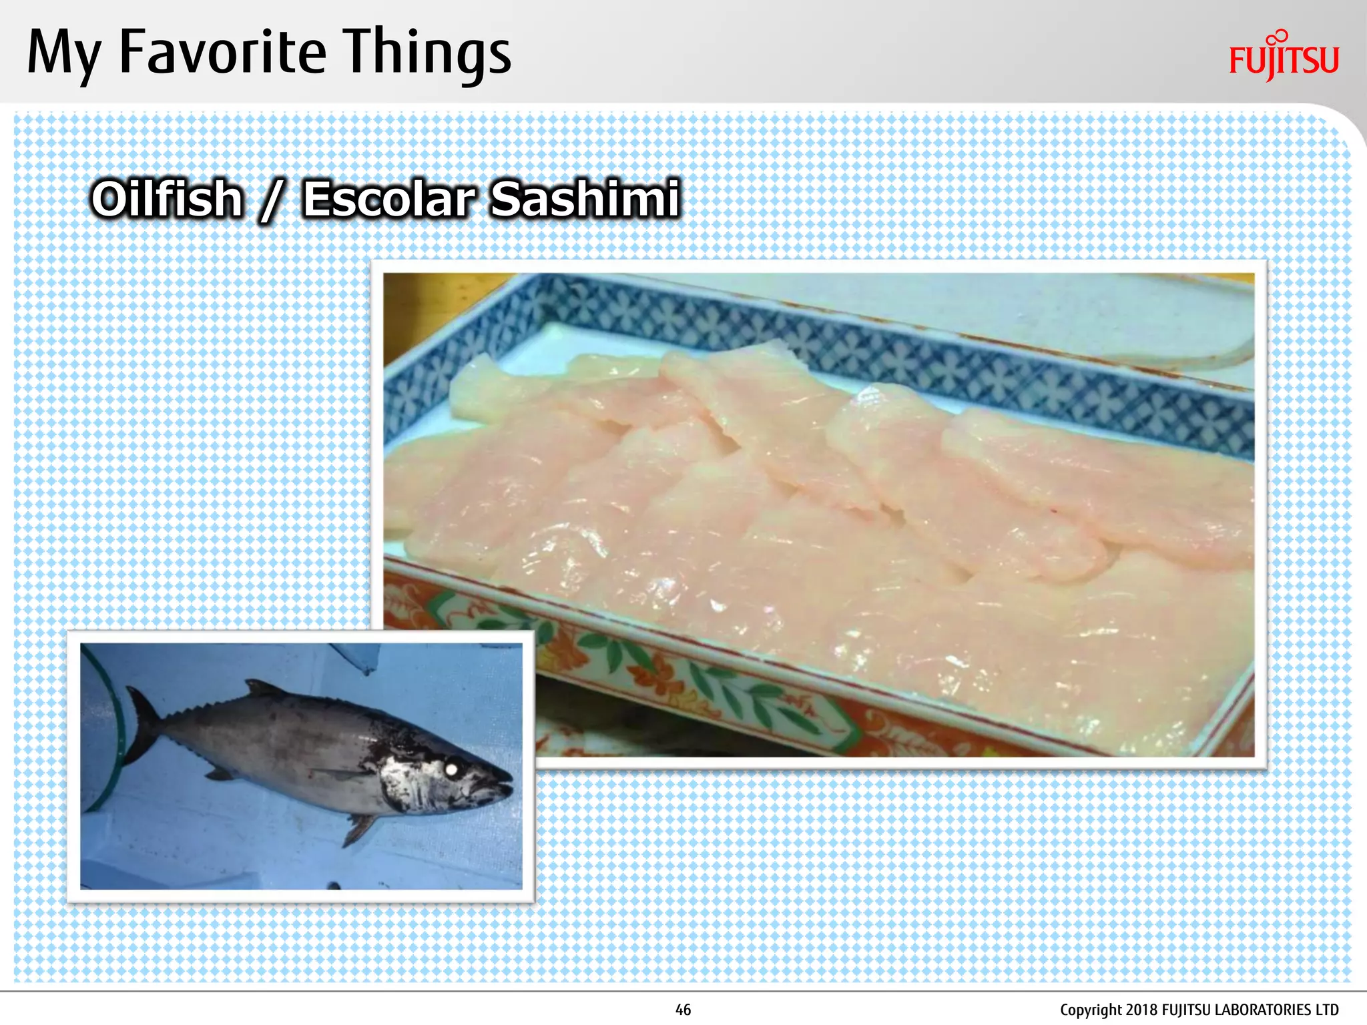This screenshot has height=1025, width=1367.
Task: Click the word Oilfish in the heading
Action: [168, 199]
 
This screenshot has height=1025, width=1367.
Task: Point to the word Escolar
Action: [389, 199]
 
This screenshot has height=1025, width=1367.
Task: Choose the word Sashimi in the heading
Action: [585, 199]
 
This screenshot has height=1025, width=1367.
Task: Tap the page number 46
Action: [683, 1010]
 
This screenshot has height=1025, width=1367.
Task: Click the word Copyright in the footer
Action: [1090, 1010]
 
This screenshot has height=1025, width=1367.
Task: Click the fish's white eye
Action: [451, 769]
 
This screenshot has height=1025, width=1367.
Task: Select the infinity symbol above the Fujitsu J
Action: [1278, 37]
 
